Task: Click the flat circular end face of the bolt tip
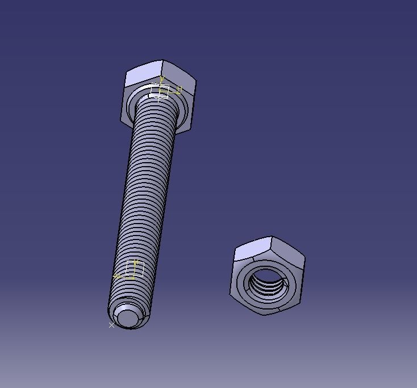127,316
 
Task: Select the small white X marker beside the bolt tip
111,325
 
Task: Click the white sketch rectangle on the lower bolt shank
135,270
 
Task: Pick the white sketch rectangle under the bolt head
160,91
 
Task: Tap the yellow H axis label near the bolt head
179,89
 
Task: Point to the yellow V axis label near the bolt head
162,80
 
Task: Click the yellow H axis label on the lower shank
116,276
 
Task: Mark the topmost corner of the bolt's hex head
162,60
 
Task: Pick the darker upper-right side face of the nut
289,250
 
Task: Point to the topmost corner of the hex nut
271,237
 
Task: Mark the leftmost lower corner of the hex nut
230,295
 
